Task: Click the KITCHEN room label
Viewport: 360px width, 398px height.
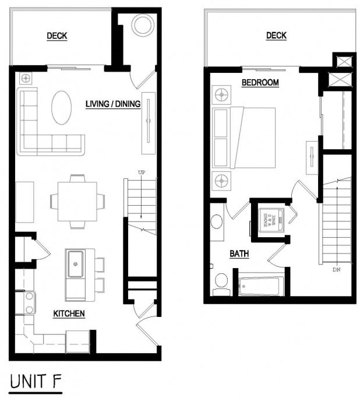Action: point(69,314)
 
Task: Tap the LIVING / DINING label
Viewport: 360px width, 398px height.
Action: point(113,104)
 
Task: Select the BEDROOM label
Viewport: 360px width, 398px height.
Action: point(260,83)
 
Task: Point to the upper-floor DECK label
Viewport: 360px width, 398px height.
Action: point(276,36)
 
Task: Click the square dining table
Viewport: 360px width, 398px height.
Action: point(77,202)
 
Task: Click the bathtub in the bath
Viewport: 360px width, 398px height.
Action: point(261,286)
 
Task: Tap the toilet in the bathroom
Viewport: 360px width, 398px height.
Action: point(221,282)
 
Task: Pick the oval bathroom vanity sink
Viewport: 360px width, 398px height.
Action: point(216,221)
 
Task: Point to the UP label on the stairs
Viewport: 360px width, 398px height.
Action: point(141,172)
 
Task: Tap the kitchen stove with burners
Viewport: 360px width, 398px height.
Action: point(29,302)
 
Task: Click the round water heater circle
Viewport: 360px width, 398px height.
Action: point(142,25)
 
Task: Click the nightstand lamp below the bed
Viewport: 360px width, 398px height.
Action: point(221,182)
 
